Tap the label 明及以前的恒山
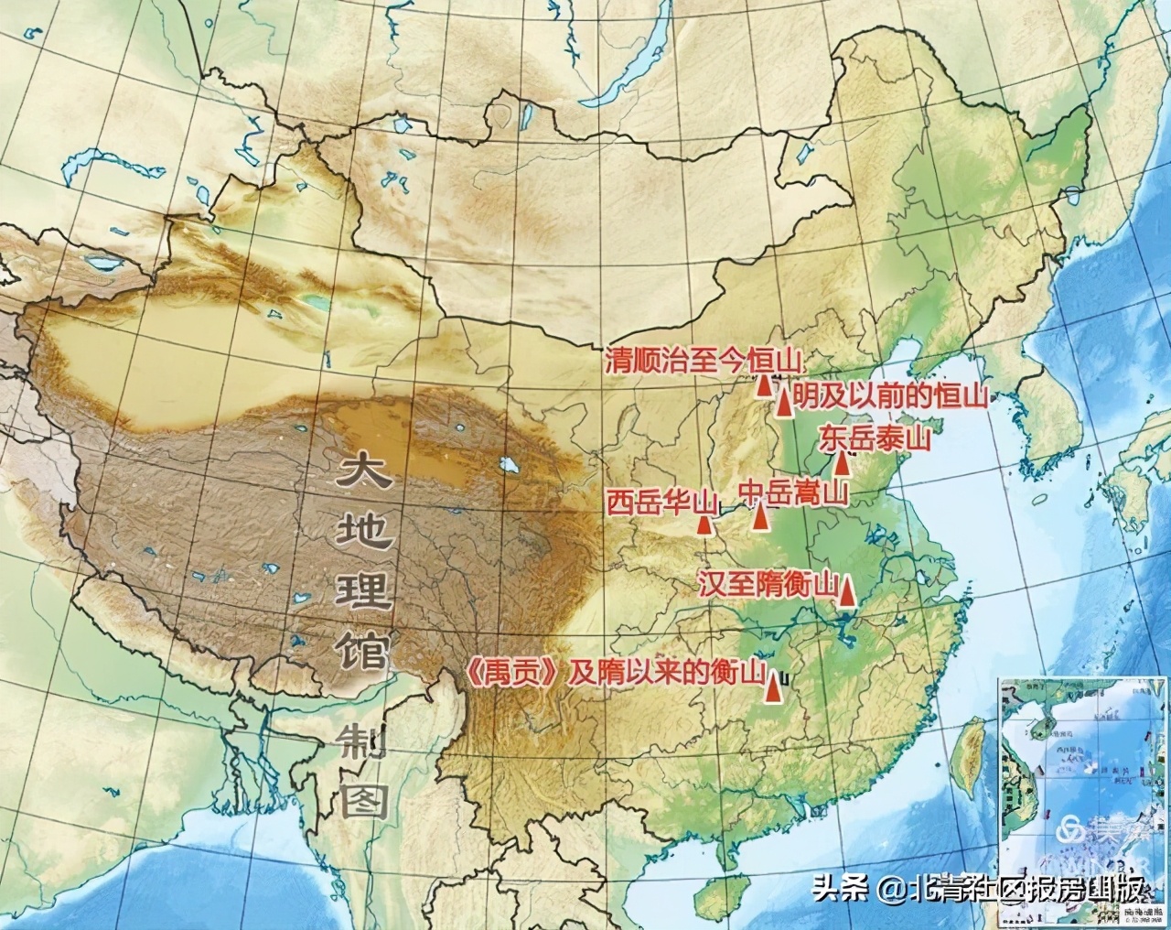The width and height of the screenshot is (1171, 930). point(891,395)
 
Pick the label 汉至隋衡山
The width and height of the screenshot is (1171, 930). point(767,584)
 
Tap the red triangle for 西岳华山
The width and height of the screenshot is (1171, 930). point(704,524)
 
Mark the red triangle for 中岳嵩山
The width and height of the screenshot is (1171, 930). point(760,518)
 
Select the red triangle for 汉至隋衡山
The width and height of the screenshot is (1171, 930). point(848,593)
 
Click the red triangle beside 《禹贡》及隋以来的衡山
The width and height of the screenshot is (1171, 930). point(775,688)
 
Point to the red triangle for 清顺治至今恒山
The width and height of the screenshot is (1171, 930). point(764,385)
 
